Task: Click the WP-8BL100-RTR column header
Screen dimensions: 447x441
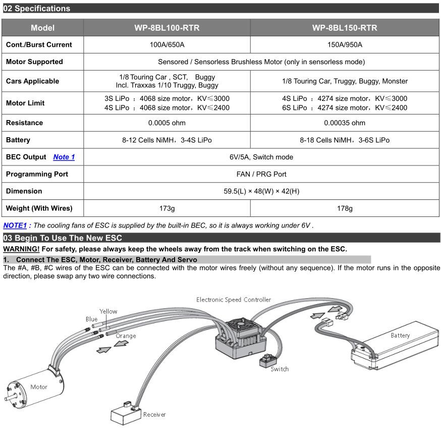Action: point(167,28)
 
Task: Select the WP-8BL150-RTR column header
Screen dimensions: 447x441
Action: point(345,28)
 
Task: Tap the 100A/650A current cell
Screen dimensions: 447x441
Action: point(167,45)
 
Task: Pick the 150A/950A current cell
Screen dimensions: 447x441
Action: point(345,45)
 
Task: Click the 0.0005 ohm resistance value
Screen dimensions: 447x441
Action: point(167,123)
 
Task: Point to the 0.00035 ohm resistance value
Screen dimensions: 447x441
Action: point(345,123)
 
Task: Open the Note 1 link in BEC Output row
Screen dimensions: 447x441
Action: point(64,157)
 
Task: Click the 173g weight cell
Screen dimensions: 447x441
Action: point(167,208)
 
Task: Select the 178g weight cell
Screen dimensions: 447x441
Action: point(345,208)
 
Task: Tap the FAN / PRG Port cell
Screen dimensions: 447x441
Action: point(261,174)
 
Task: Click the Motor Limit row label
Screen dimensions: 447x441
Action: point(25,103)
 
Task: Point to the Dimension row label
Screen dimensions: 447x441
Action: point(24,191)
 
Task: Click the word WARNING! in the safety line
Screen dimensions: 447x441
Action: point(21,249)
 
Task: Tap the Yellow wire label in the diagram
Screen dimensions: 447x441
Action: point(108,312)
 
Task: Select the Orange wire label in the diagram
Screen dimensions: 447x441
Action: point(126,336)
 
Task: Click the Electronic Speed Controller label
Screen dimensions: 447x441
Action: point(234,300)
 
